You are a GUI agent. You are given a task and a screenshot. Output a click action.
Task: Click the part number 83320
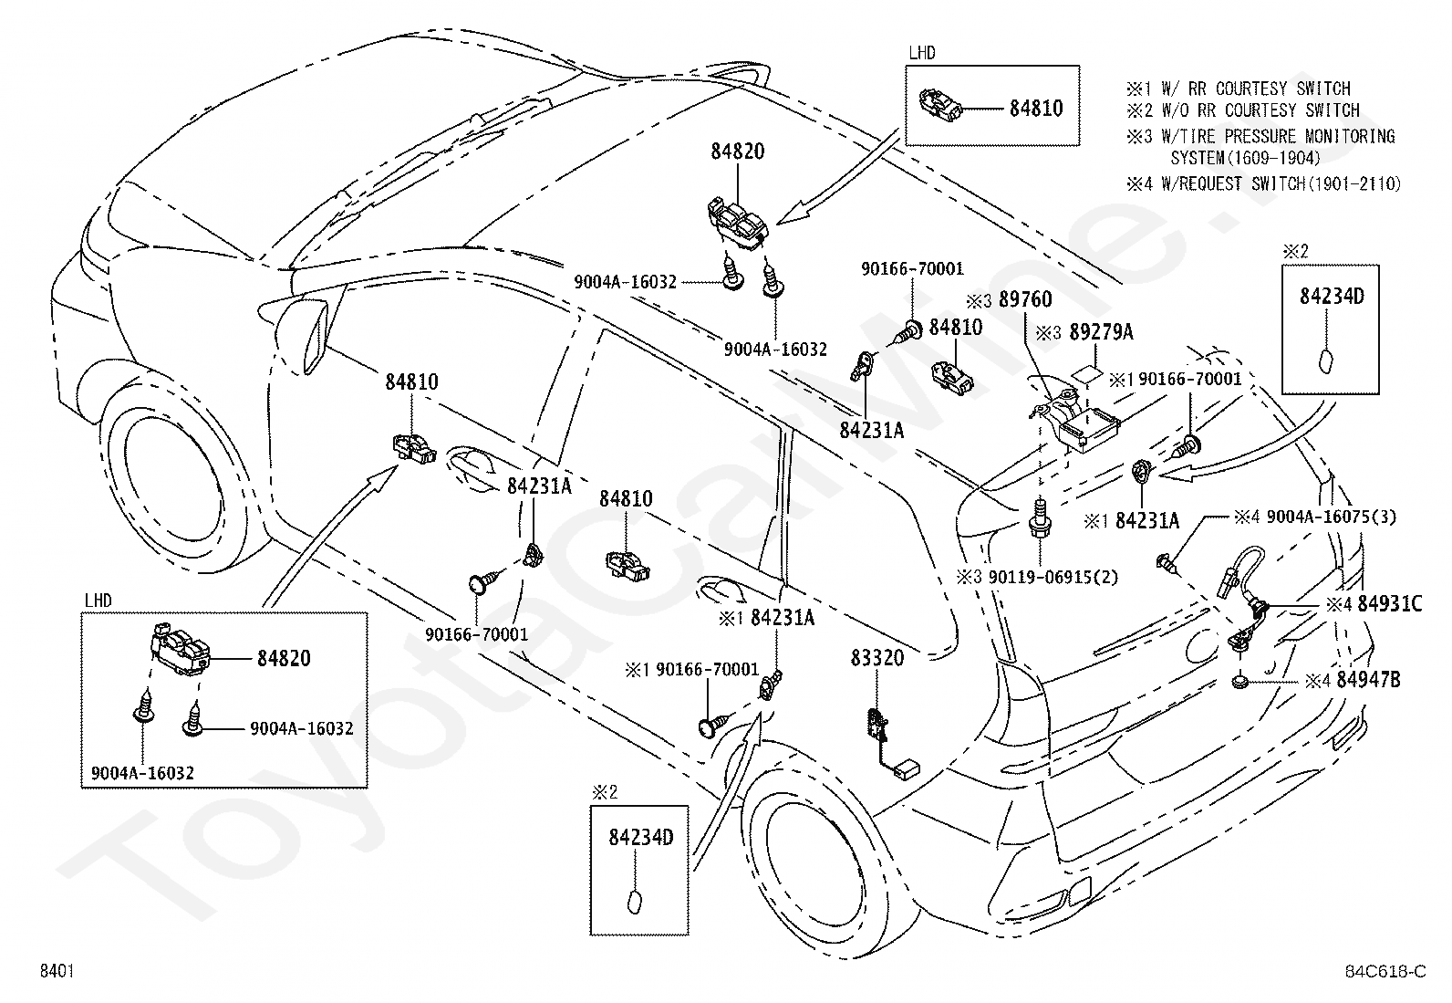tap(877, 659)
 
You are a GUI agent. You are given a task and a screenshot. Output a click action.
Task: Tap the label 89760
tap(1025, 299)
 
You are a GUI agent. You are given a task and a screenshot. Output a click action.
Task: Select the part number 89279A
tap(1102, 332)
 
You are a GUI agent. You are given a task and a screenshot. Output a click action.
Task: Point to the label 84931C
tap(1390, 604)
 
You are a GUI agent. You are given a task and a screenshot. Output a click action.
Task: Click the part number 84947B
tap(1368, 680)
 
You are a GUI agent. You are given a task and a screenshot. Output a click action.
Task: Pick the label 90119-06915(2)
tap(1053, 577)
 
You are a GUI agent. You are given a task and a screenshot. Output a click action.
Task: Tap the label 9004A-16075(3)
tap(1332, 517)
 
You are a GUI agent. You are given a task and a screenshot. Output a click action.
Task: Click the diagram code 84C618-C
tap(1385, 971)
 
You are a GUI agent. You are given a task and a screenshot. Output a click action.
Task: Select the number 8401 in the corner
tap(57, 970)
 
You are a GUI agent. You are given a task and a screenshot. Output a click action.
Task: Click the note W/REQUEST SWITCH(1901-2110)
tap(1281, 184)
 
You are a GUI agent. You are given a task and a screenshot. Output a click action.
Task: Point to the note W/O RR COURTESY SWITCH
tap(1260, 110)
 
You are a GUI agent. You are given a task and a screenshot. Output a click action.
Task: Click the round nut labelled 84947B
tap(1240, 681)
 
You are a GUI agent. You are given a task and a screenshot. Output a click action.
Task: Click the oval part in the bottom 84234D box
tap(635, 903)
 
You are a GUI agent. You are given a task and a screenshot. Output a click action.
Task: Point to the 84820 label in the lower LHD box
tap(284, 659)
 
